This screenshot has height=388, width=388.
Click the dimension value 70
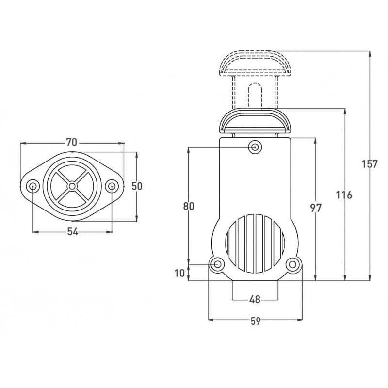(71, 142)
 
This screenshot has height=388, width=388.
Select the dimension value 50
(137, 186)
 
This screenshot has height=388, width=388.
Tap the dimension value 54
(72, 232)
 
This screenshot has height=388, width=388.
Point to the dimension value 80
(189, 206)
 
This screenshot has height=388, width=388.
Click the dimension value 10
(179, 273)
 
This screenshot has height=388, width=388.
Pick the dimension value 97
(316, 208)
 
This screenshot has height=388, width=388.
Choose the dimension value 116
(344, 195)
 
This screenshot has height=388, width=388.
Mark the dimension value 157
(370, 164)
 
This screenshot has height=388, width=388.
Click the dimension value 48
(255, 300)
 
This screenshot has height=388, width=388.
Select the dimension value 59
(256, 321)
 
